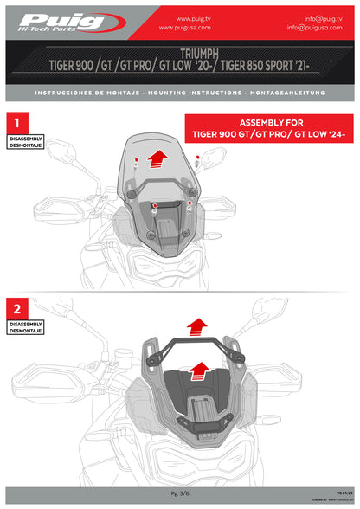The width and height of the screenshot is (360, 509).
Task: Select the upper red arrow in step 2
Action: point(197,326)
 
